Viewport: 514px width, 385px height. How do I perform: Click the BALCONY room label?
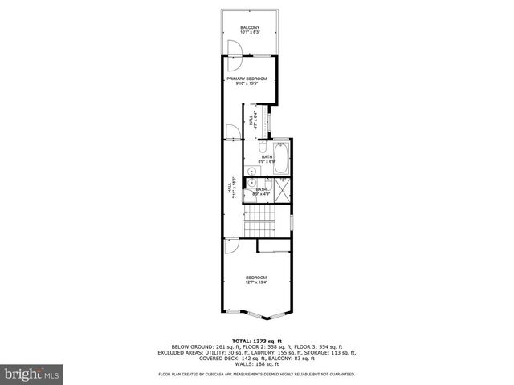[x=249, y=28]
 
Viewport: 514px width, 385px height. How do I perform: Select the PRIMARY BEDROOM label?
[x=247, y=79]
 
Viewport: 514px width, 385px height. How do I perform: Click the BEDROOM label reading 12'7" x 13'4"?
[x=256, y=277]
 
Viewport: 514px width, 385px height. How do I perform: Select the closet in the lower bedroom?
[x=274, y=244]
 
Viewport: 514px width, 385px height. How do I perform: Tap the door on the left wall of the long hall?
[x=230, y=132]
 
